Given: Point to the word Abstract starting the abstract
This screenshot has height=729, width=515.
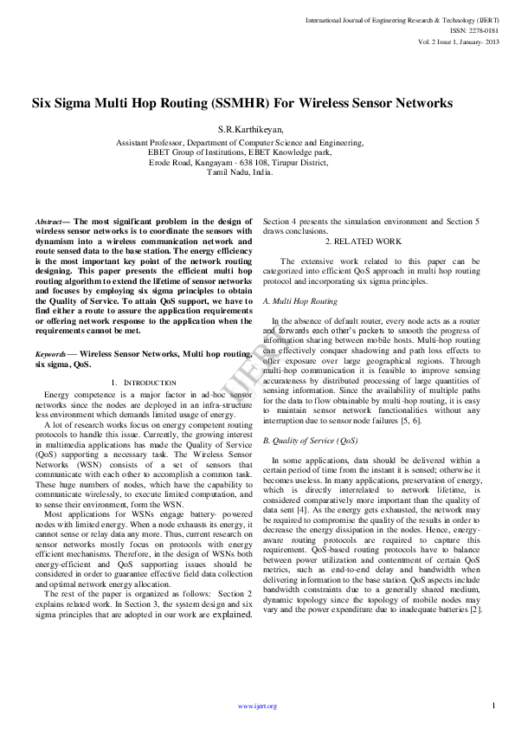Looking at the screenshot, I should click(x=52, y=223).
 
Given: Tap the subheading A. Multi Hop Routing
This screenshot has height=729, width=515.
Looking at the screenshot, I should click(x=299, y=301).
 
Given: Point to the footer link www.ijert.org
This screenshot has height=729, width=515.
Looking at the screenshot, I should click(x=257, y=706).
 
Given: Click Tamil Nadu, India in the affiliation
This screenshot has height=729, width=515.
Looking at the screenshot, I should click(x=240, y=172).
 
